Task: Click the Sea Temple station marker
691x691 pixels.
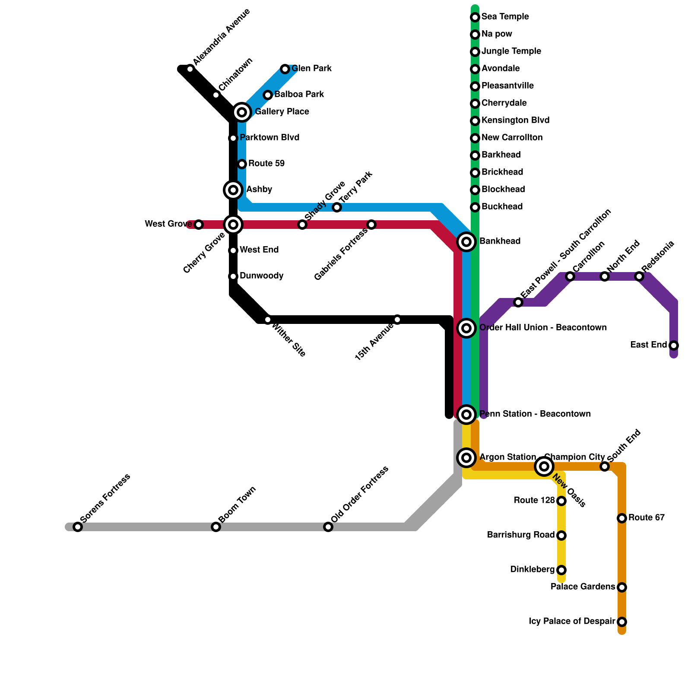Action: [475, 17]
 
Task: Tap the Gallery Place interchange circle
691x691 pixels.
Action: [242, 112]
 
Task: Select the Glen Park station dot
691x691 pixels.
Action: [285, 69]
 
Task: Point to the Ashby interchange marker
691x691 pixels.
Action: [233, 190]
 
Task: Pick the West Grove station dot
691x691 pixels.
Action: [199, 225]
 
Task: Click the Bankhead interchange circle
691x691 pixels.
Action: [466, 242]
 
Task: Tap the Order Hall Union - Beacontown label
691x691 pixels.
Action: [543, 327]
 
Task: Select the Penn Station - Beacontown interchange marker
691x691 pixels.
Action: [466, 415]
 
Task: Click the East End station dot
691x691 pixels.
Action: [674, 345]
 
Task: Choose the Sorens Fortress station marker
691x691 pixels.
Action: [78, 527]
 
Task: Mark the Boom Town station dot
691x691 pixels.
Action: [216, 527]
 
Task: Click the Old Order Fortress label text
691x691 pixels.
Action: [360, 494]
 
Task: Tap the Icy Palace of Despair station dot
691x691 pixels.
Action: [622, 622]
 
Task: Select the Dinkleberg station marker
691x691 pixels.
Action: [561, 570]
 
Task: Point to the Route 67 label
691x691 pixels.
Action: [646, 517]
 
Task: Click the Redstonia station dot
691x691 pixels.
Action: [639, 276]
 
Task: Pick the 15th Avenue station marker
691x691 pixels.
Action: [397, 320]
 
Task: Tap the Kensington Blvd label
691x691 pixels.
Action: [515, 120]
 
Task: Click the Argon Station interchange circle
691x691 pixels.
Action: [466, 458]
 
